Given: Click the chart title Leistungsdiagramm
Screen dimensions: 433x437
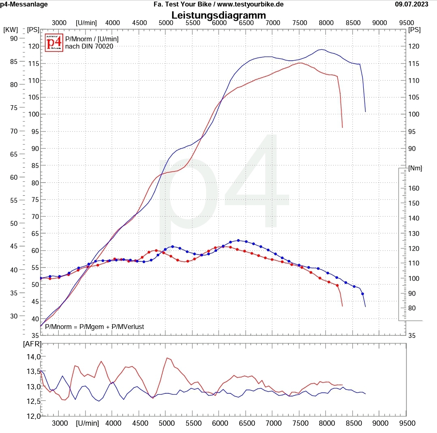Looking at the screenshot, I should [219, 15].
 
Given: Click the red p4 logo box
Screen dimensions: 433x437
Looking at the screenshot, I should [54, 42].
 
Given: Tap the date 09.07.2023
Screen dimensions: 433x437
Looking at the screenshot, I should [411, 4].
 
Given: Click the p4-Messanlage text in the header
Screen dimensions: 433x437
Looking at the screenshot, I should [24, 4].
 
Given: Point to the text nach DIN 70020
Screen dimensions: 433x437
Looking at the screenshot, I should [89, 46].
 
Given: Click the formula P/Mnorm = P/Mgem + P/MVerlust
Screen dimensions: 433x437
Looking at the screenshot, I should [94, 327].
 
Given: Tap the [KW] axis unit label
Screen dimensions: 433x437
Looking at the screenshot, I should [10, 30].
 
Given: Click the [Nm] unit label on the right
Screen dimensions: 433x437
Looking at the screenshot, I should [415, 168].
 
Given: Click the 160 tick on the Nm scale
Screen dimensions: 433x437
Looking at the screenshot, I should [414, 188].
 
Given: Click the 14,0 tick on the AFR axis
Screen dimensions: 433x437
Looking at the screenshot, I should [33, 357].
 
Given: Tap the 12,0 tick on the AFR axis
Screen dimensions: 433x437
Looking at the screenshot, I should [33, 416].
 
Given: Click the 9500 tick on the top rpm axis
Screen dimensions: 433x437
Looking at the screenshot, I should [406, 23].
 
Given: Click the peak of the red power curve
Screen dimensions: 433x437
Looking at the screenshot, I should [300, 63].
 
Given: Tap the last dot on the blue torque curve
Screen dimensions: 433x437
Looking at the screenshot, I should [362, 294].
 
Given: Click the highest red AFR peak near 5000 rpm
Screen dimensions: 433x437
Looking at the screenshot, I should [167, 358].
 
